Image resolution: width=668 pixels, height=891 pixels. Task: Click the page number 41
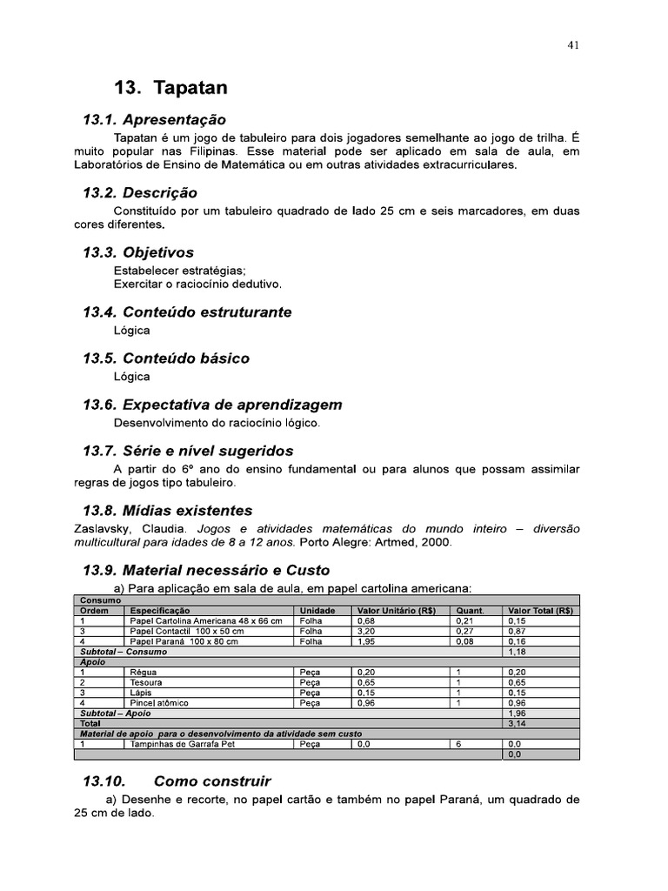tap(573, 46)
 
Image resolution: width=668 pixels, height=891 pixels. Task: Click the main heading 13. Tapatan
tap(172, 88)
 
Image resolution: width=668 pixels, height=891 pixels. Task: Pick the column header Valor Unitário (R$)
tap(396, 611)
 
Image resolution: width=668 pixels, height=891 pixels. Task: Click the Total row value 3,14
tap(516, 722)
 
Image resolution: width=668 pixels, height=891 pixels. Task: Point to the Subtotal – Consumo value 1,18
tap(516, 652)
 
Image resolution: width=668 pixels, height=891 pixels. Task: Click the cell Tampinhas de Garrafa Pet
tap(181, 745)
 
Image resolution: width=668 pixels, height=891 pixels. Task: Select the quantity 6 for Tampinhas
tap(458, 745)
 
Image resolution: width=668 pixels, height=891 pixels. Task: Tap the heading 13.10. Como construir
tap(177, 780)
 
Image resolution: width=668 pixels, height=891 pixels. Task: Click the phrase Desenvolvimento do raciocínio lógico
tap(217, 423)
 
